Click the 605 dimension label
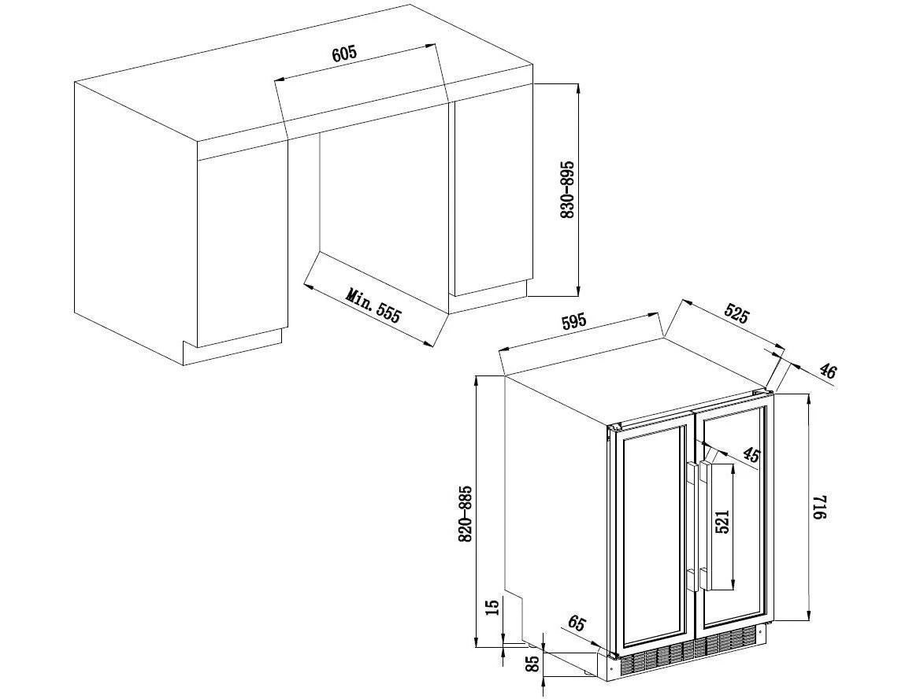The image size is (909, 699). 344,54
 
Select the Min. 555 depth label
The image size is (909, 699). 374,305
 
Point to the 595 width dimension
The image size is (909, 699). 574,321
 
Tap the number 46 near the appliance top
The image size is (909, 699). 828,370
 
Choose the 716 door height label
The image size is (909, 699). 818,507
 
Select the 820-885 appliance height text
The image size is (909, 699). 466,514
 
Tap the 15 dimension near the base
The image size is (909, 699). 492,608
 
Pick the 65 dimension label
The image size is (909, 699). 577,623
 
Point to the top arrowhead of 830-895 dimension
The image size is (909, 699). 578,88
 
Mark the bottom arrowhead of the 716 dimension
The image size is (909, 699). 808,616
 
